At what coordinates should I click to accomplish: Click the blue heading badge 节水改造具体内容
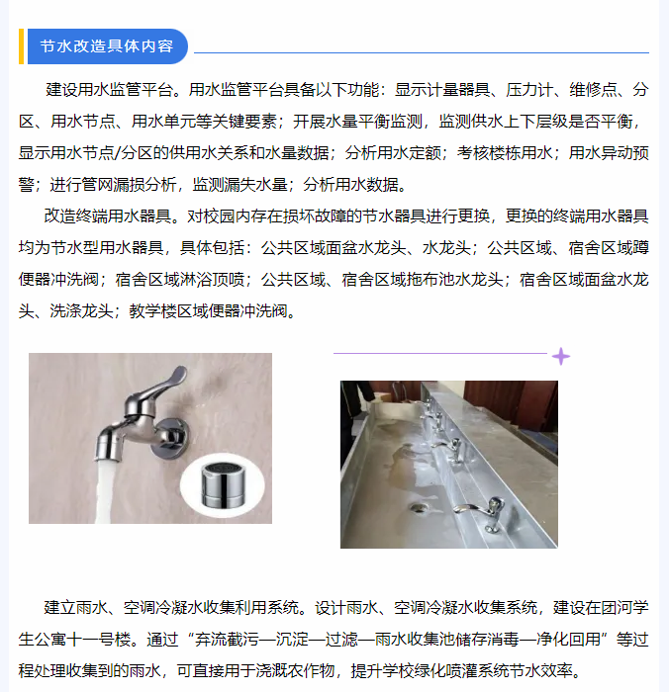point(107,46)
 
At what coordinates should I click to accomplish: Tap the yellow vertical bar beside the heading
point(21,46)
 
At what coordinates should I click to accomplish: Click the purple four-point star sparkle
point(561,357)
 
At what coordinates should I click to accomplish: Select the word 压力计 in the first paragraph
point(529,90)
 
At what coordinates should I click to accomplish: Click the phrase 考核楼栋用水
point(505,153)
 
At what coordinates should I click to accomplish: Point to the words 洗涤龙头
point(82,311)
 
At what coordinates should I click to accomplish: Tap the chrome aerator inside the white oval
point(223,485)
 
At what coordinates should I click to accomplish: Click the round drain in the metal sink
point(418,508)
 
